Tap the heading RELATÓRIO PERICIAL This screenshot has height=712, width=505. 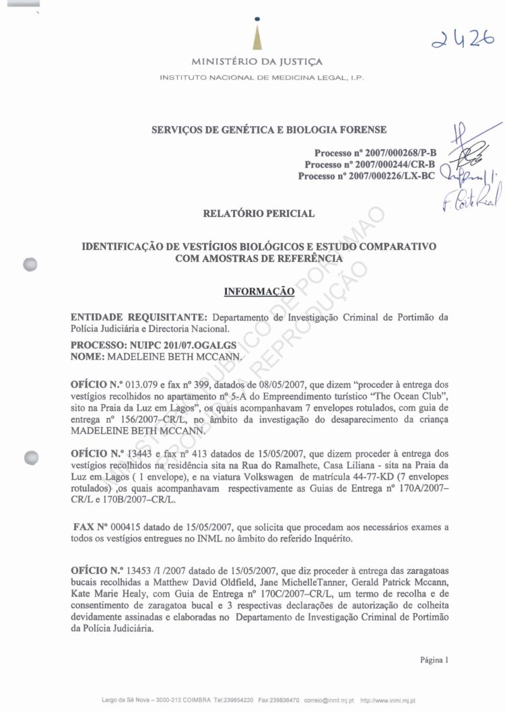coord(259,214)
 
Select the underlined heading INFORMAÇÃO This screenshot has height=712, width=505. coord(259,292)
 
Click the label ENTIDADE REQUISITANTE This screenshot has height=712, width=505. coord(139,317)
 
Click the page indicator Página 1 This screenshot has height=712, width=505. coord(434,659)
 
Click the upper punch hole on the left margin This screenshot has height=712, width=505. coord(28,263)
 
